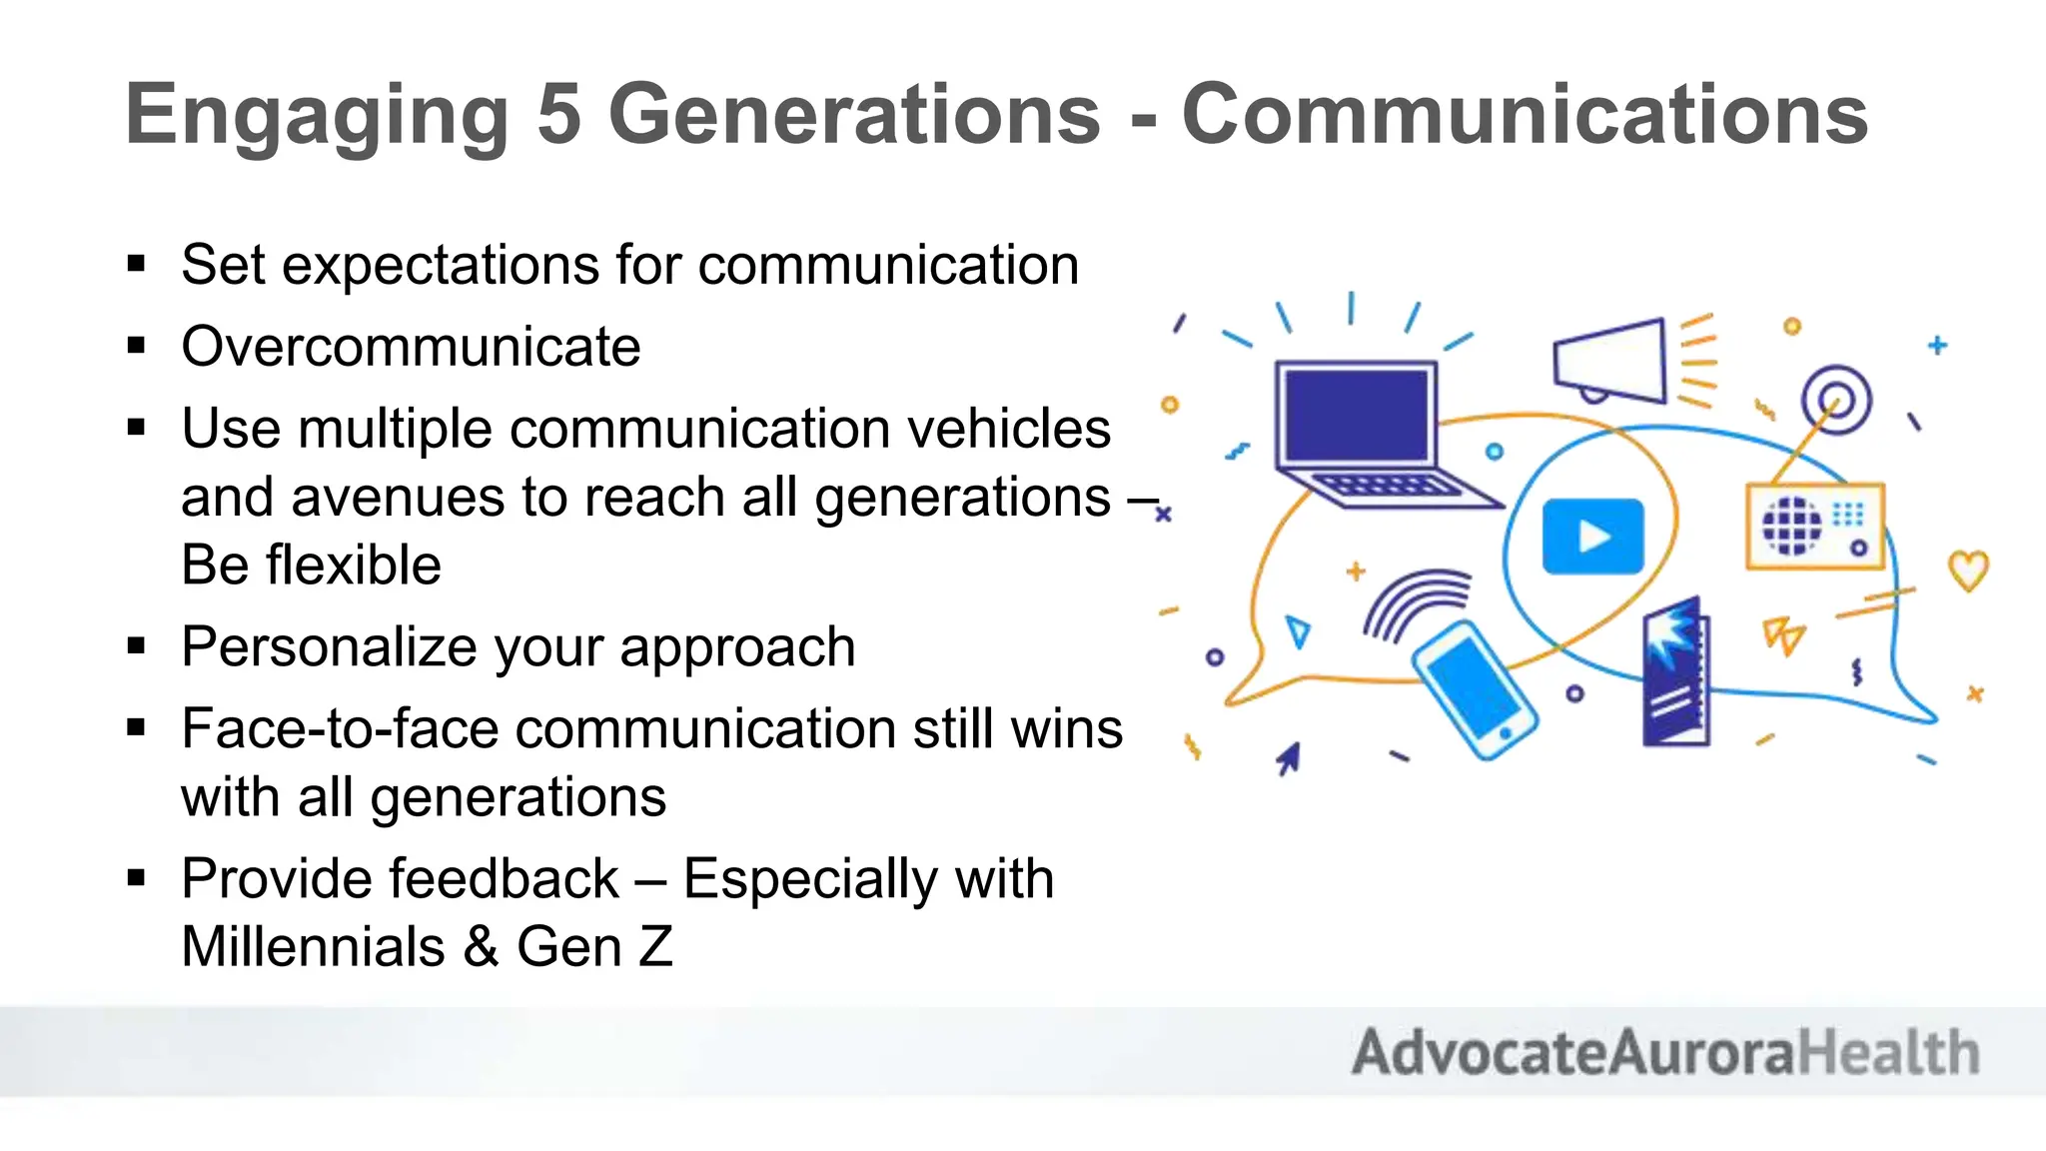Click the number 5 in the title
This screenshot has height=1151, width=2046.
(x=558, y=115)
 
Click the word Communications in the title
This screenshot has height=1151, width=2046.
(x=1524, y=115)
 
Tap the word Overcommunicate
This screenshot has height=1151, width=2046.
(x=411, y=347)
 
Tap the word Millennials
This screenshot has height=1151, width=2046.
(x=313, y=947)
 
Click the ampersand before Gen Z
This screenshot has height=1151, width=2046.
(x=481, y=947)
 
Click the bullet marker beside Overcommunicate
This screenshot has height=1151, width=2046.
(x=137, y=347)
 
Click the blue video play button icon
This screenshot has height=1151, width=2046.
(x=1592, y=537)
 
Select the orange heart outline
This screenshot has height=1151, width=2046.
(x=1968, y=571)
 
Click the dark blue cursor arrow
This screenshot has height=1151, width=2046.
(x=1289, y=758)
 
